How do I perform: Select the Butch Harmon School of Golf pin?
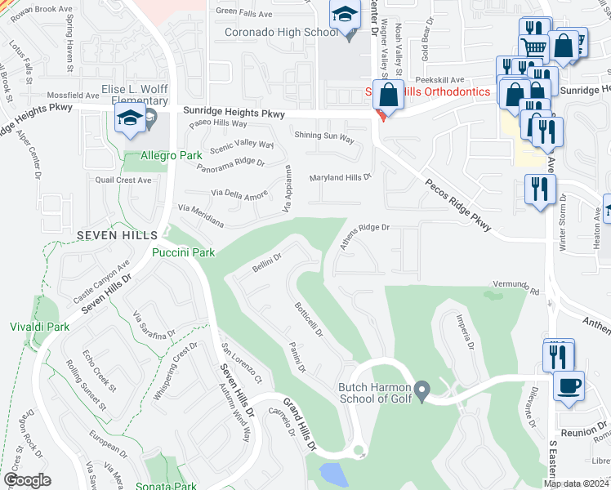tap(421, 391)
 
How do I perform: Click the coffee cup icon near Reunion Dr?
tap(569, 385)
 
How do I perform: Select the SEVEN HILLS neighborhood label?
tap(110, 234)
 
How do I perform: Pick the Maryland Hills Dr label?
tap(340, 176)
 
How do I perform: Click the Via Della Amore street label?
tap(239, 194)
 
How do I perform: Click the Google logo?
tap(27, 480)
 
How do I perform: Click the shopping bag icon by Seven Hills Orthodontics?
tap(390, 95)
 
